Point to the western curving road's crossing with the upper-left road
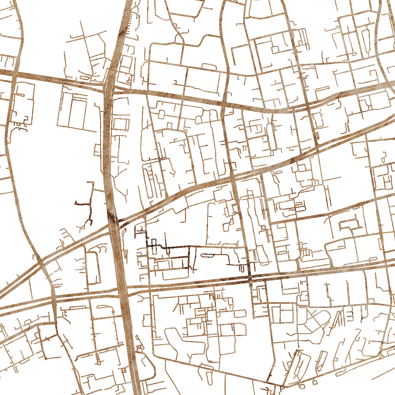click(x=15, y=74)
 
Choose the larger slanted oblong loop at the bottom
click(x=300, y=365)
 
